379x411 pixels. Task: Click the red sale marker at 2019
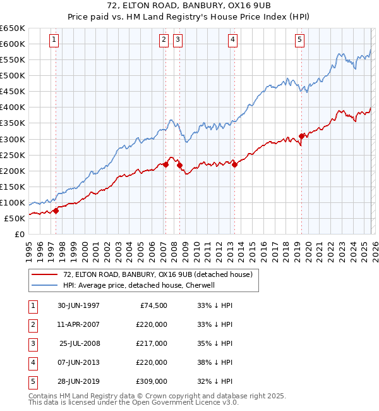click(302, 135)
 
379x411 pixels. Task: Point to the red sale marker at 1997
click(56, 211)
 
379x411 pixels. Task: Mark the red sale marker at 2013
click(234, 164)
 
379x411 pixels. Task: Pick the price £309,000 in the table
click(152, 381)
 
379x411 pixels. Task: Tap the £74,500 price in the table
click(153, 305)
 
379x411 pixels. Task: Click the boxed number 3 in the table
click(32, 343)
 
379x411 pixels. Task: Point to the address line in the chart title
click(189, 7)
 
